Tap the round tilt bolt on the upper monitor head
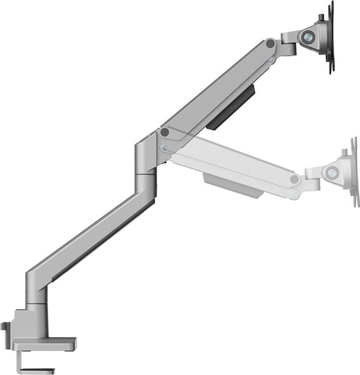tap(308, 37)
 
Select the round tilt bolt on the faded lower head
tap(331, 173)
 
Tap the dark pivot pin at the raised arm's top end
tap(270, 45)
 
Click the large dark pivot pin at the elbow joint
tap(165, 132)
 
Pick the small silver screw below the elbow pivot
tap(165, 147)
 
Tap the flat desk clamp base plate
tap(44, 343)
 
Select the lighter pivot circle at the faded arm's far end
tap(295, 179)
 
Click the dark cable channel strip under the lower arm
tap(104, 240)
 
